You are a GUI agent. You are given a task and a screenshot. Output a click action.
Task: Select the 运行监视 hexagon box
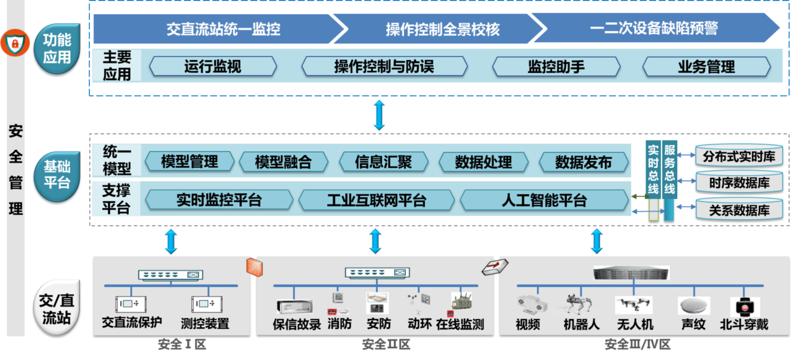coord(212,66)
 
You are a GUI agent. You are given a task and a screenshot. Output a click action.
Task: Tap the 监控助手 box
coord(556,66)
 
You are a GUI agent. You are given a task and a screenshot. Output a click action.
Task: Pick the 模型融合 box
coord(283,162)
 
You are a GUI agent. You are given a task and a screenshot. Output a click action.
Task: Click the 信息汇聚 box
coord(383,162)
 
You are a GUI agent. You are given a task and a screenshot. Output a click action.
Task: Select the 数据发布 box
coord(583,162)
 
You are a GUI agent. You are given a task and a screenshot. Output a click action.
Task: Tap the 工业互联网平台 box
coord(376,200)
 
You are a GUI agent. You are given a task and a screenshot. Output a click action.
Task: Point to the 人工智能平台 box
coord(543,200)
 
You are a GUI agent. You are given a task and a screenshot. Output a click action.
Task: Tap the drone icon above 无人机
coord(634,304)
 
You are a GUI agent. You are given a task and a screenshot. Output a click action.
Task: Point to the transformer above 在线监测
coord(463,304)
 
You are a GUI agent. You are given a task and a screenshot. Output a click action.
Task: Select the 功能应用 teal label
coord(57,49)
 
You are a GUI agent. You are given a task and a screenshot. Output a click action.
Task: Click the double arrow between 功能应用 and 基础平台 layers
coord(379,115)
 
